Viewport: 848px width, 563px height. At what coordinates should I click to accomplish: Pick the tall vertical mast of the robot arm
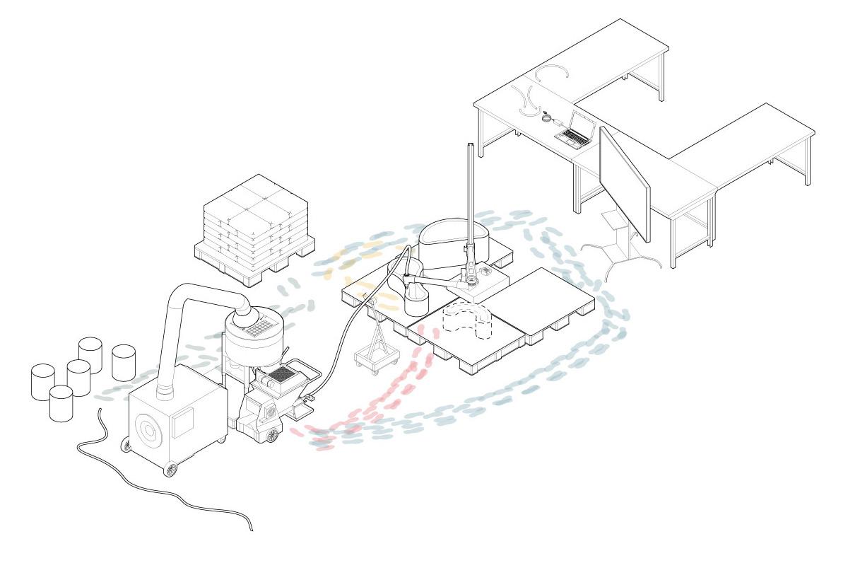click(470, 198)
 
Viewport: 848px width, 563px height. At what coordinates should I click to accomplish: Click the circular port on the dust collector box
click(149, 429)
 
